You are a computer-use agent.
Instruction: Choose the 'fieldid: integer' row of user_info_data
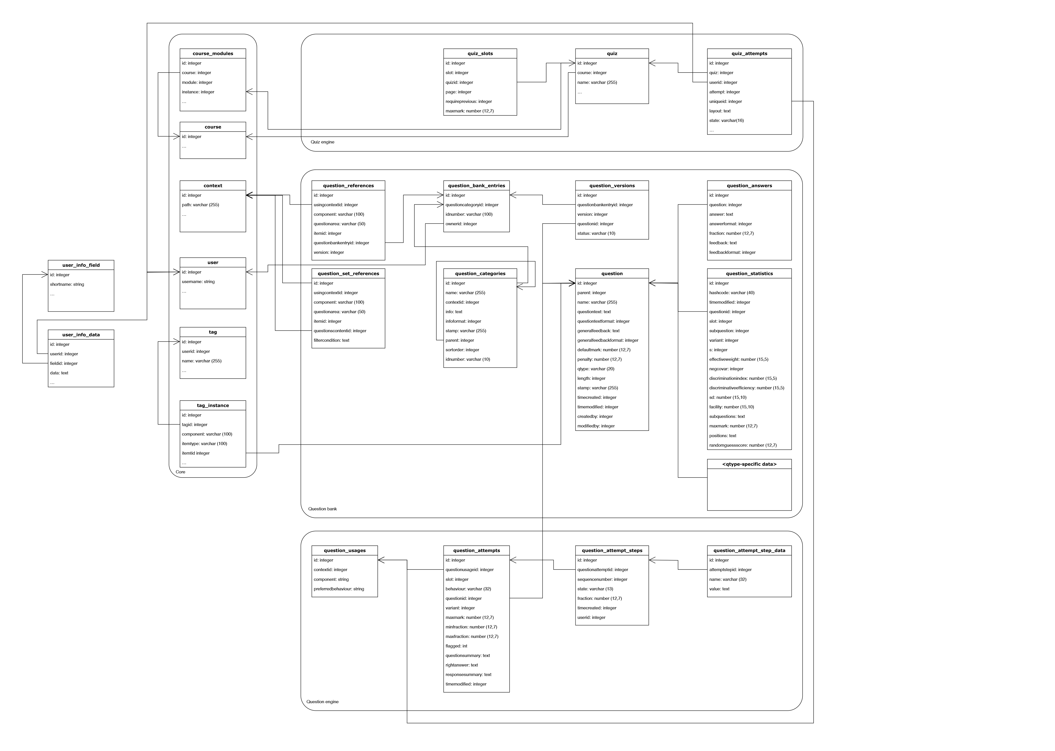[x=64, y=363]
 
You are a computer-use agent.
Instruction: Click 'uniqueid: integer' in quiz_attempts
[x=726, y=101]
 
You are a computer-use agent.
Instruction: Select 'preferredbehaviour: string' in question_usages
[x=339, y=589]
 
